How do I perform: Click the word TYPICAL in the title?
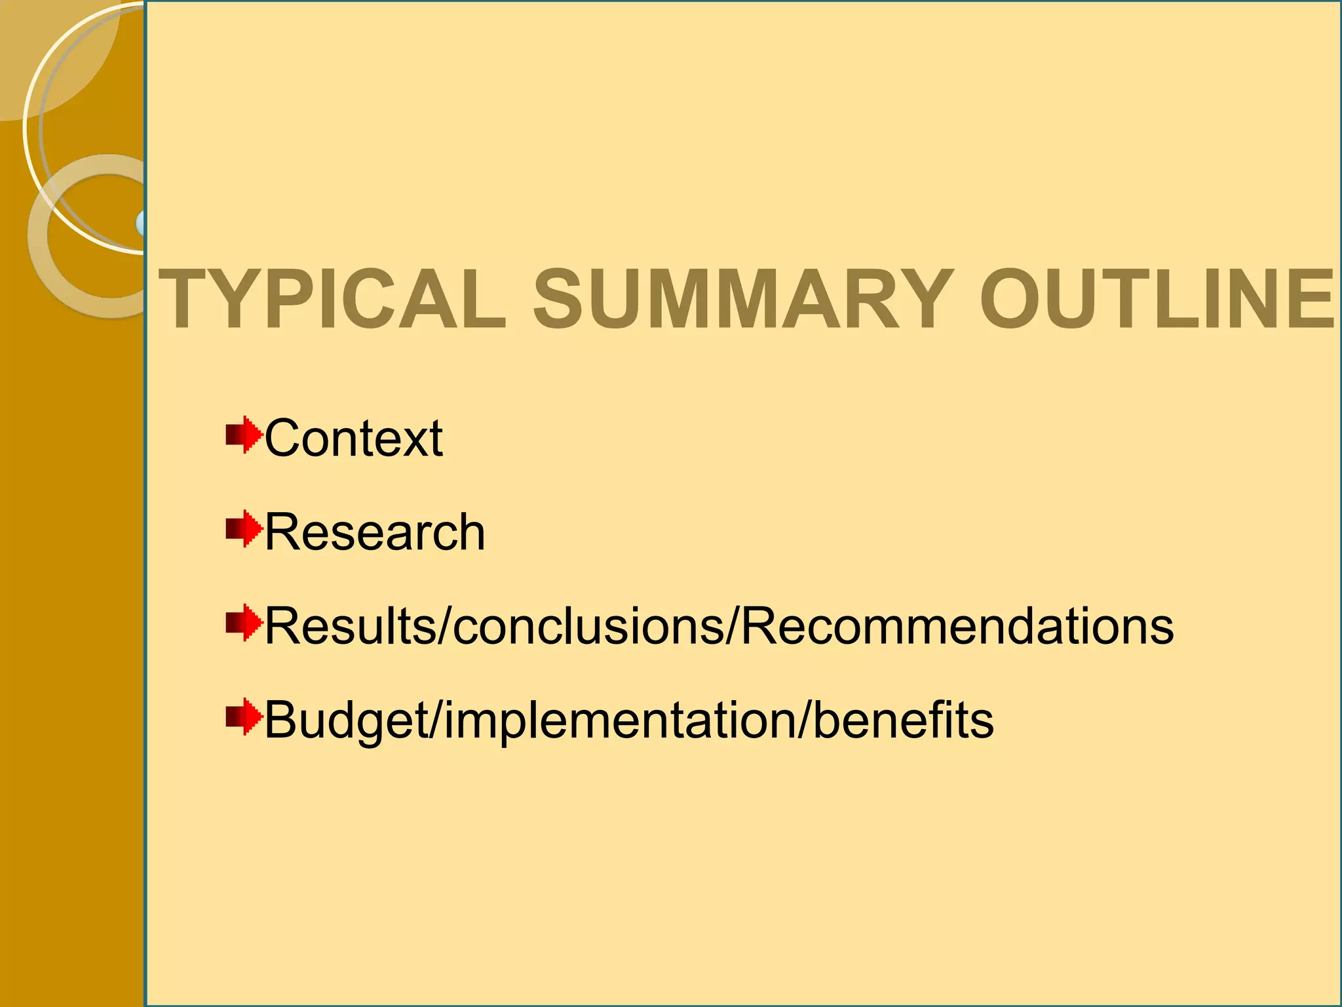pyautogui.click(x=333, y=300)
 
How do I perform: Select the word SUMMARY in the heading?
pyautogui.click(x=743, y=300)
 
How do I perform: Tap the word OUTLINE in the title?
pyautogui.click(x=1157, y=300)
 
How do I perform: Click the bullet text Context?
pyautogui.click(x=353, y=438)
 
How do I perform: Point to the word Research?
pyautogui.click(x=375, y=532)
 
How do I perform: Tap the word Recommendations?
pyautogui.click(x=957, y=626)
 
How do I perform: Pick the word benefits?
pyautogui.click(x=904, y=721)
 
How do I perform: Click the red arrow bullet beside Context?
pyautogui.click(x=244, y=435)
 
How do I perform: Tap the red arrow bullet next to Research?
pyautogui.click(x=244, y=528)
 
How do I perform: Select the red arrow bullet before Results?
pyautogui.click(x=244, y=623)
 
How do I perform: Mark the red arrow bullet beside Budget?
pyautogui.click(x=244, y=717)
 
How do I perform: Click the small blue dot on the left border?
pyautogui.click(x=141, y=223)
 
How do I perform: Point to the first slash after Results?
pyautogui.click(x=445, y=626)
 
